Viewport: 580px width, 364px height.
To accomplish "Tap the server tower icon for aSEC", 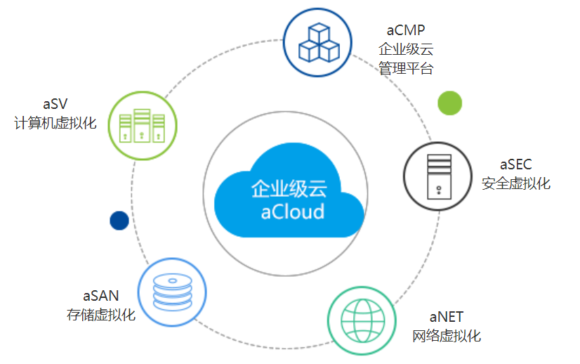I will (438, 175).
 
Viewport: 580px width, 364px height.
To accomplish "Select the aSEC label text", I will (516, 164).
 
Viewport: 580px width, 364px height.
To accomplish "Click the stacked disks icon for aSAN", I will (172, 291).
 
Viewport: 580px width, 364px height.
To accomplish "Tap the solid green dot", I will (450, 103).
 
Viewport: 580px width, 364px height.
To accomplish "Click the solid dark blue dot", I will (119, 221).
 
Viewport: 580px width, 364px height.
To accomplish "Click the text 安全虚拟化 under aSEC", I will (517, 183).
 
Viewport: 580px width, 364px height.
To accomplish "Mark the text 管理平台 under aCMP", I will (407, 68).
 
